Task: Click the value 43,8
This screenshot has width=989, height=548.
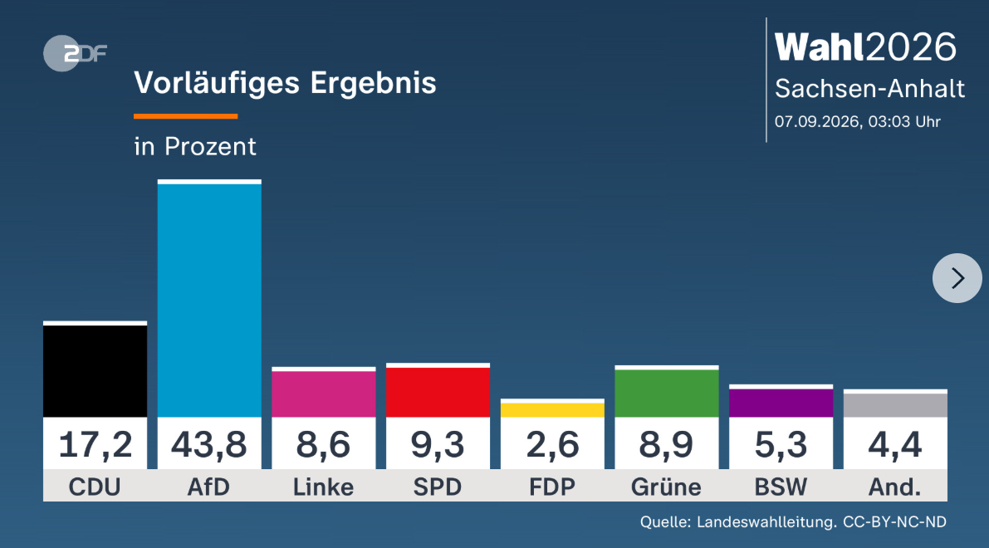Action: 208,444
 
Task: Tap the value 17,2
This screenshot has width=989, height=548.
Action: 95,444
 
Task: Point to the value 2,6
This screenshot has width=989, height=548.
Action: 552,444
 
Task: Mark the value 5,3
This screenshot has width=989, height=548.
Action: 781,444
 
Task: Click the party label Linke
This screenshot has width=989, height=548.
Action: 324,487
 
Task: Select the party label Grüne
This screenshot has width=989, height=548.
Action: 667,487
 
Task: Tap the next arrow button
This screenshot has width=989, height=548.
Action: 957,278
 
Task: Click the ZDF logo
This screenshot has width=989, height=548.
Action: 75,54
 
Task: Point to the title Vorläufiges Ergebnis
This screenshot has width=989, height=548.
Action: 285,82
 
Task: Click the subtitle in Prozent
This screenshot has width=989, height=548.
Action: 195,146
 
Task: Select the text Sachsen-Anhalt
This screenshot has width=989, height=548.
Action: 869,89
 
